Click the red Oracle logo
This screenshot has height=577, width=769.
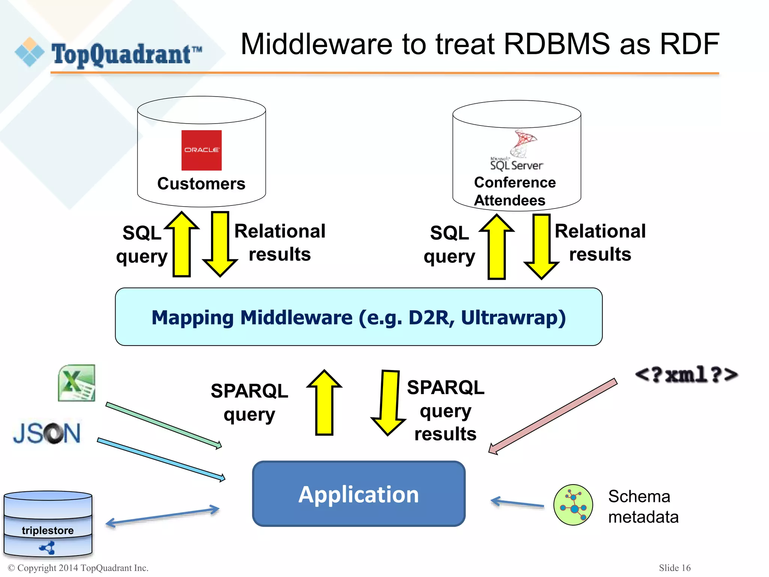point(201,150)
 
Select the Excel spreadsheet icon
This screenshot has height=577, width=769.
point(77,383)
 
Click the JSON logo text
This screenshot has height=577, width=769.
point(47,433)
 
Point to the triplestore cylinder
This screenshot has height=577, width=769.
point(48,524)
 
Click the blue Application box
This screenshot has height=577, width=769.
point(359,494)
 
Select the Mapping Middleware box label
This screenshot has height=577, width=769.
point(359,317)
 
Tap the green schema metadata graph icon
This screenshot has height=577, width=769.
point(573,504)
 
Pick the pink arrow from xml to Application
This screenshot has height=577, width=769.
point(552,416)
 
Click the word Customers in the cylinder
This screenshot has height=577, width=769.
point(201,184)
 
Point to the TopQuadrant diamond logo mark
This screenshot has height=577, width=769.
point(29,52)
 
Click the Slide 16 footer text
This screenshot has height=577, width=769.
point(674,568)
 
